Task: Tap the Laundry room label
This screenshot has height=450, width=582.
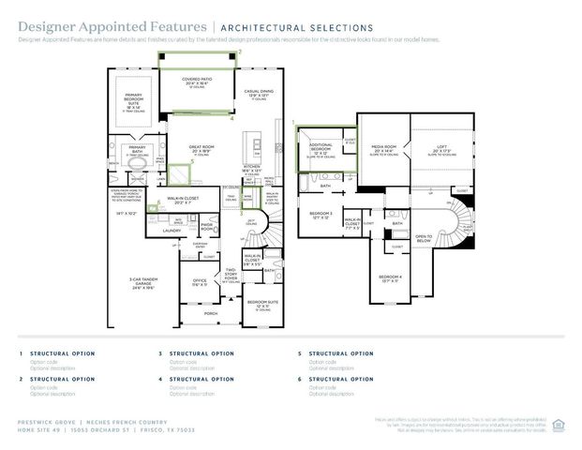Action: coord(172,230)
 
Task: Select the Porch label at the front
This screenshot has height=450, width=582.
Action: coord(210,313)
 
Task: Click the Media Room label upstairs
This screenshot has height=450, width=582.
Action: coord(385,148)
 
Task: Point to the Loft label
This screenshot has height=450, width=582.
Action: coord(442,148)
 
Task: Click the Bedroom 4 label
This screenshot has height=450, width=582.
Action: coord(390,277)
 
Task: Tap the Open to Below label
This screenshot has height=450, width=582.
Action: coord(424,238)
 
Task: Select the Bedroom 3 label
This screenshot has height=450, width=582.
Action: coord(321,214)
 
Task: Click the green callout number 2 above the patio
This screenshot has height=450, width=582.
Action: coord(239,53)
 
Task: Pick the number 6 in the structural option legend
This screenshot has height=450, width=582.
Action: coord(300,380)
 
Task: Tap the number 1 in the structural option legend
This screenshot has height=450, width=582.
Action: coord(21,353)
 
